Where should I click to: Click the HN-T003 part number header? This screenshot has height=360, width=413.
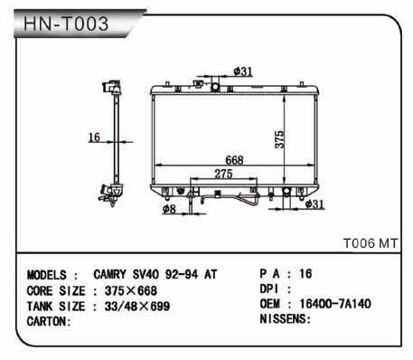tap(66, 24)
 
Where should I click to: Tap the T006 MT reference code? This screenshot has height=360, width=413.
tap(371, 243)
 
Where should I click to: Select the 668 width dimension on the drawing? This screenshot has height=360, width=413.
tap(234, 160)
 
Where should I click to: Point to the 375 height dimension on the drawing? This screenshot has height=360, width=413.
tap(279, 139)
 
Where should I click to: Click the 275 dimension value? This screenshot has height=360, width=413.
tap(223, 174)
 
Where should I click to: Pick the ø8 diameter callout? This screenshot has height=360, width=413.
tap(169, 209)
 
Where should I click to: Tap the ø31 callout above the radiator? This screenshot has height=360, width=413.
tap(243, 71)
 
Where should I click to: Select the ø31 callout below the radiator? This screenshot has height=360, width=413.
tap(314, 204)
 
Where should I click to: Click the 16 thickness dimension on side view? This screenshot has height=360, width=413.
tap(94, 137)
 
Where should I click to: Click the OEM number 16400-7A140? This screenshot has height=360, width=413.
tap(335, 304)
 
